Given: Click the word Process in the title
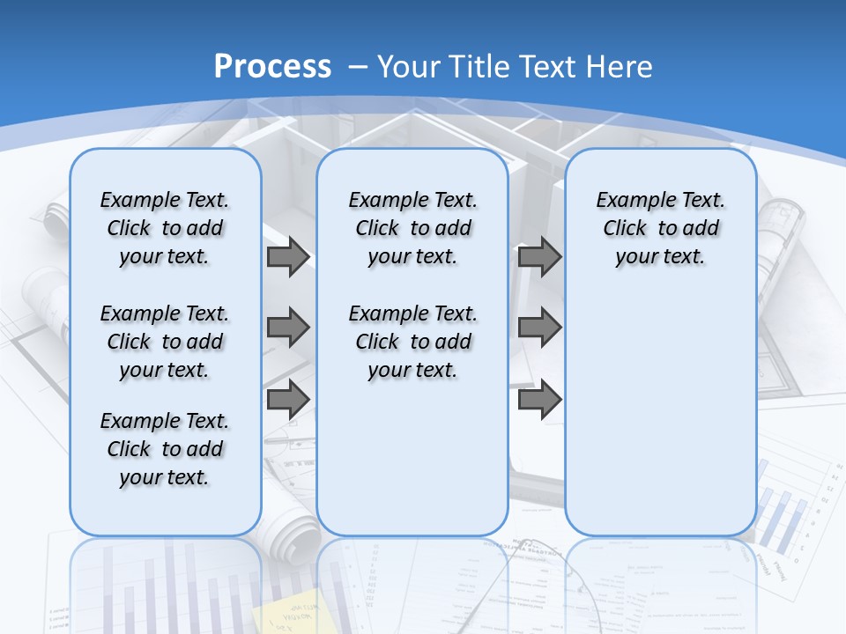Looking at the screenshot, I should [x=272, y=67].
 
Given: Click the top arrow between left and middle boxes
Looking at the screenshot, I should [x=288, y=257].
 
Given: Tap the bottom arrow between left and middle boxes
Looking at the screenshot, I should [x=288, y=399].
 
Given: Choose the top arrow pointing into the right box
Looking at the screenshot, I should [x=539, y=257].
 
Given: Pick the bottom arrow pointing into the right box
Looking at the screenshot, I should [x=539, y=399].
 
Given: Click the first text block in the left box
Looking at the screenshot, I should [x=165, y=228].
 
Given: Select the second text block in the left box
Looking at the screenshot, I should [x=165, y=342].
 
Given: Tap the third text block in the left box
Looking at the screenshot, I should [x=165, y=449].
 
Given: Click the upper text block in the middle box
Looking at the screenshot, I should [x=412, y=228].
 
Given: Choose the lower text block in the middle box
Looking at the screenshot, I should [x=412, y=342].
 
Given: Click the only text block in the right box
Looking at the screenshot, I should [x=660, y=228].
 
